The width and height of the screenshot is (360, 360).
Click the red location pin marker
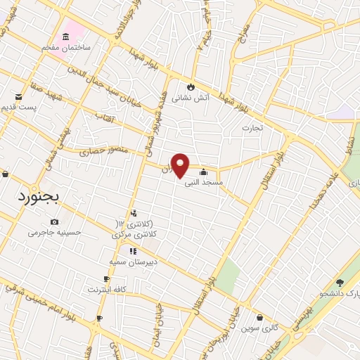tap(181, 165)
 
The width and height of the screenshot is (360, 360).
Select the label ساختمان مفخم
tap(66, 47)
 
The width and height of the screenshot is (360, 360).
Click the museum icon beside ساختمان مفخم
tap(66, 36)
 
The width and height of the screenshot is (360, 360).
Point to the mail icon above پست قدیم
tap(19, 96)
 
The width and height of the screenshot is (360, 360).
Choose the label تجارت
tap(251, 128)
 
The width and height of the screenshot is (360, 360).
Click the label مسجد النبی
tap(203, 182)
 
